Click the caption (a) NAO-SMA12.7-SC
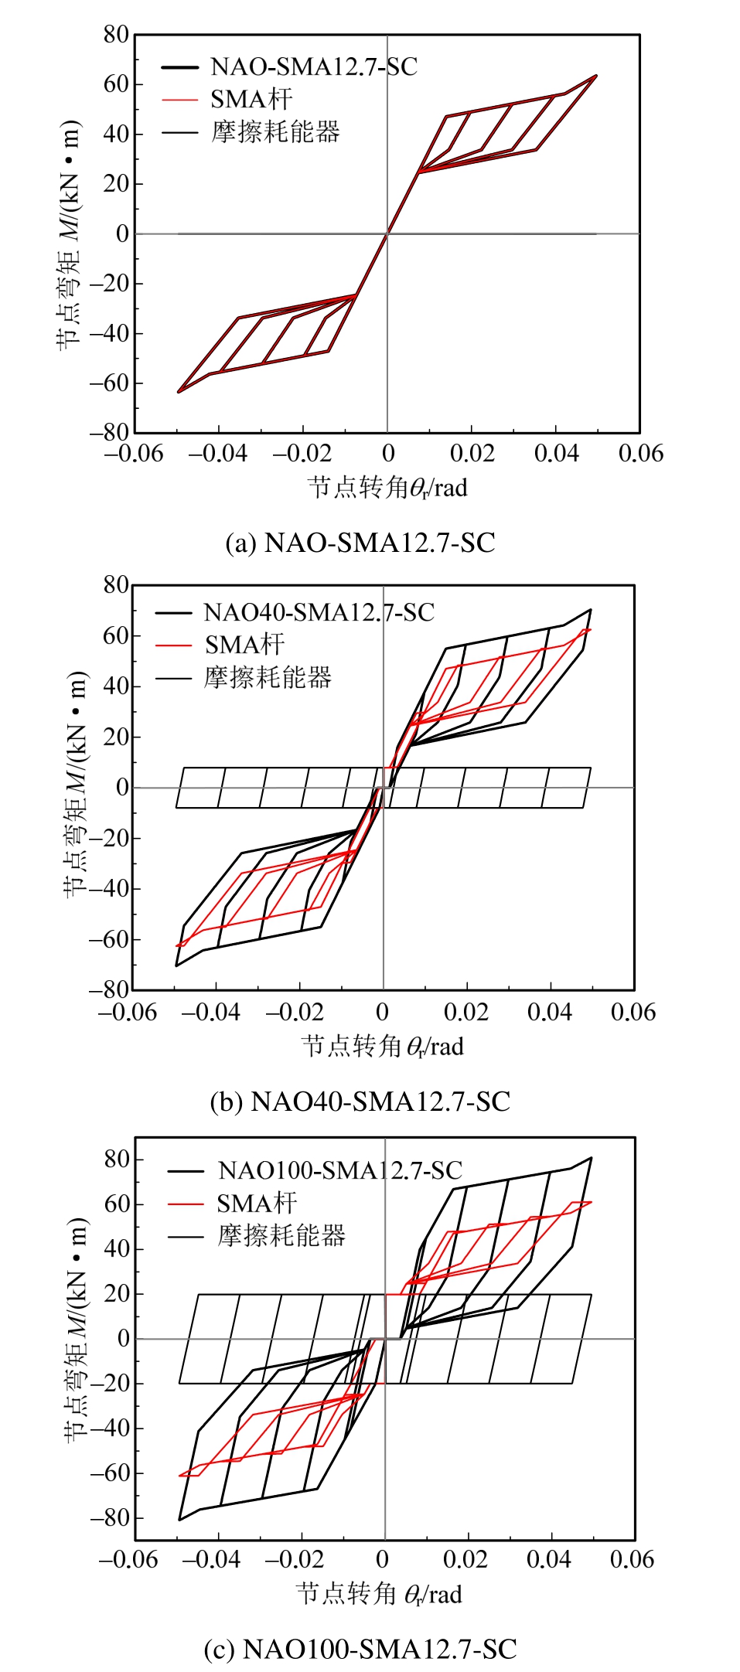click(x=360, y=543)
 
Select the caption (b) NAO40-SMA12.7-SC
click(x=360, y=1101)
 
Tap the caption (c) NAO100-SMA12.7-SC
click(x=360, y=1649)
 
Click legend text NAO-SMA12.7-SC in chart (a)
click(x=313, y=67)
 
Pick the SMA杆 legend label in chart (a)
click(x=251, y=100)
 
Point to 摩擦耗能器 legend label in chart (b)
click(x=268, y=678)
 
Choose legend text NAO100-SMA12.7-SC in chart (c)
click(x=339, y=1170)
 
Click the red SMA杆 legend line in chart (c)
click(x=186, y=1203)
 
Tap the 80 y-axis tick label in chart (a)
click(x=116, y=35)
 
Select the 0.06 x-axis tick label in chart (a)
click(x=640, y=454)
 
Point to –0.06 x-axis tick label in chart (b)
click(x=128, y=1013)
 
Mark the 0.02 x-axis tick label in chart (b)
click(x=466, y=1013)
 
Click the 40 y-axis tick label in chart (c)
click(x=117, y=1248)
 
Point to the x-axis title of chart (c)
click(x=379, y=1594)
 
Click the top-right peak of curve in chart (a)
click(x=596, y=76)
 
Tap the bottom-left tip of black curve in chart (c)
click(x=179, y=1520)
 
